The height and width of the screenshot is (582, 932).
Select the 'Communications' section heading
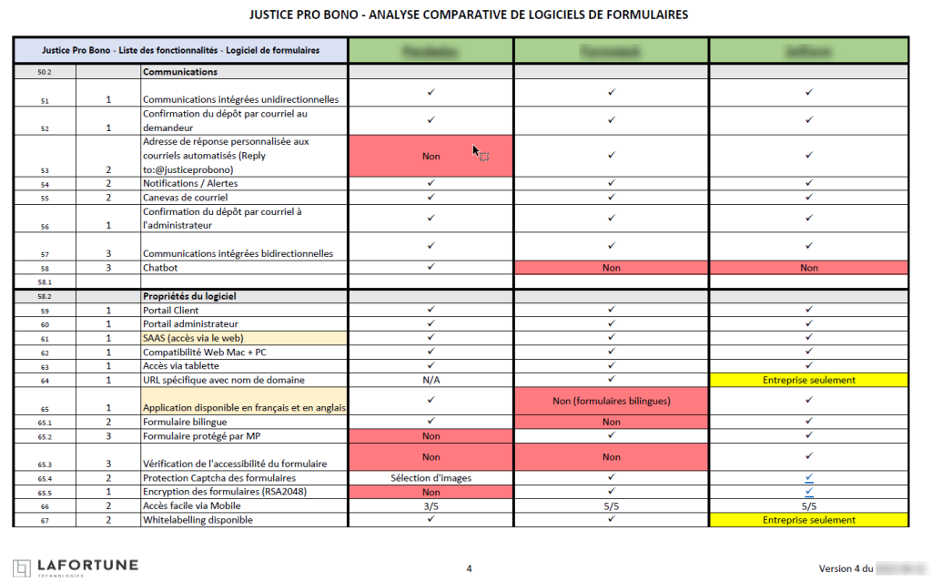180,71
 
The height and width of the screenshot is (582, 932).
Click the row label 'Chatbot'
161,268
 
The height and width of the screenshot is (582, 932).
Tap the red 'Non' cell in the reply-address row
431,156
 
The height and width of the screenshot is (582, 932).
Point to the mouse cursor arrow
475,149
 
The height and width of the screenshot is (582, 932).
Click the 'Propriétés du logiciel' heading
193,296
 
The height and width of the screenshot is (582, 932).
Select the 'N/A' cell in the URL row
431,380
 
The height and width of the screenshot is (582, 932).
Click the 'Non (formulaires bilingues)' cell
612,401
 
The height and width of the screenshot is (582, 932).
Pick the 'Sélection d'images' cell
431,478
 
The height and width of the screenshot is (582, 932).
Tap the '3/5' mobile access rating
431,506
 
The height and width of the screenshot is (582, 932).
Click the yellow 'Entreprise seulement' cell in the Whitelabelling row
808,520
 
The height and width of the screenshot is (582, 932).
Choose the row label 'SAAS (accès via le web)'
194,338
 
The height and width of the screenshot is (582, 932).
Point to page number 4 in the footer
469,568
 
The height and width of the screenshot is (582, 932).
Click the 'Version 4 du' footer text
845,568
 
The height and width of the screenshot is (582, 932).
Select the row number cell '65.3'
45,465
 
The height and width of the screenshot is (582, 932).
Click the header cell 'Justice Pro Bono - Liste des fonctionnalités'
180,50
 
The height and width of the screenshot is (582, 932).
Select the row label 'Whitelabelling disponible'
198,520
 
